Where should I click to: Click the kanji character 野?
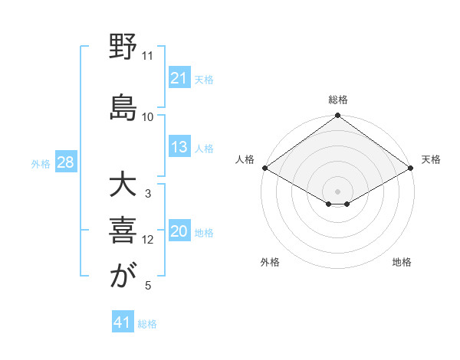click(123, 47)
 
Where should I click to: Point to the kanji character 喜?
click(123, 230)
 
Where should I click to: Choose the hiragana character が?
click(123, 275)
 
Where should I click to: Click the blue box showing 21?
click(179, 77)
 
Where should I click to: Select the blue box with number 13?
click(179, 147)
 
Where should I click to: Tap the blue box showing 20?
click(179, 232)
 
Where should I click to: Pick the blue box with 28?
click(65, 162)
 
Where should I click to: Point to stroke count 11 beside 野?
click(147, 56)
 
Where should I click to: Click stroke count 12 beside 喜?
click(148, 240)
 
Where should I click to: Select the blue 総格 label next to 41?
click(147, 324)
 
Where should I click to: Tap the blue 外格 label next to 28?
click(41, 163)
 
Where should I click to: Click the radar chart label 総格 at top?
click(337, 100)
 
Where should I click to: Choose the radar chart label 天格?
click(432, 159)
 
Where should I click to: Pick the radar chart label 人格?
click(245, 159)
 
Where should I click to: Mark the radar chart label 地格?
click(402, 262)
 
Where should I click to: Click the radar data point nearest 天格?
click(412, 168)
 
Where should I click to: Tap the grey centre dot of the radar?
click(337, 190)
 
